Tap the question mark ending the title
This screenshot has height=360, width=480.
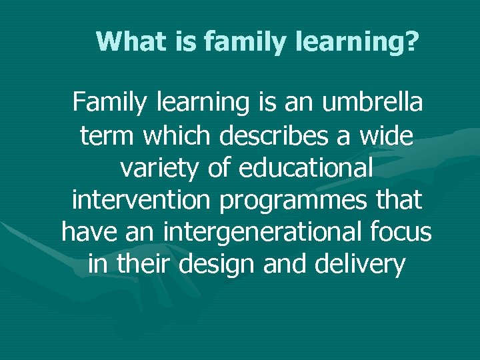pos(413,41)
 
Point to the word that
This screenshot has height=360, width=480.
pos(398,200)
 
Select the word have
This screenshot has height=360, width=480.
pos(89,233)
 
